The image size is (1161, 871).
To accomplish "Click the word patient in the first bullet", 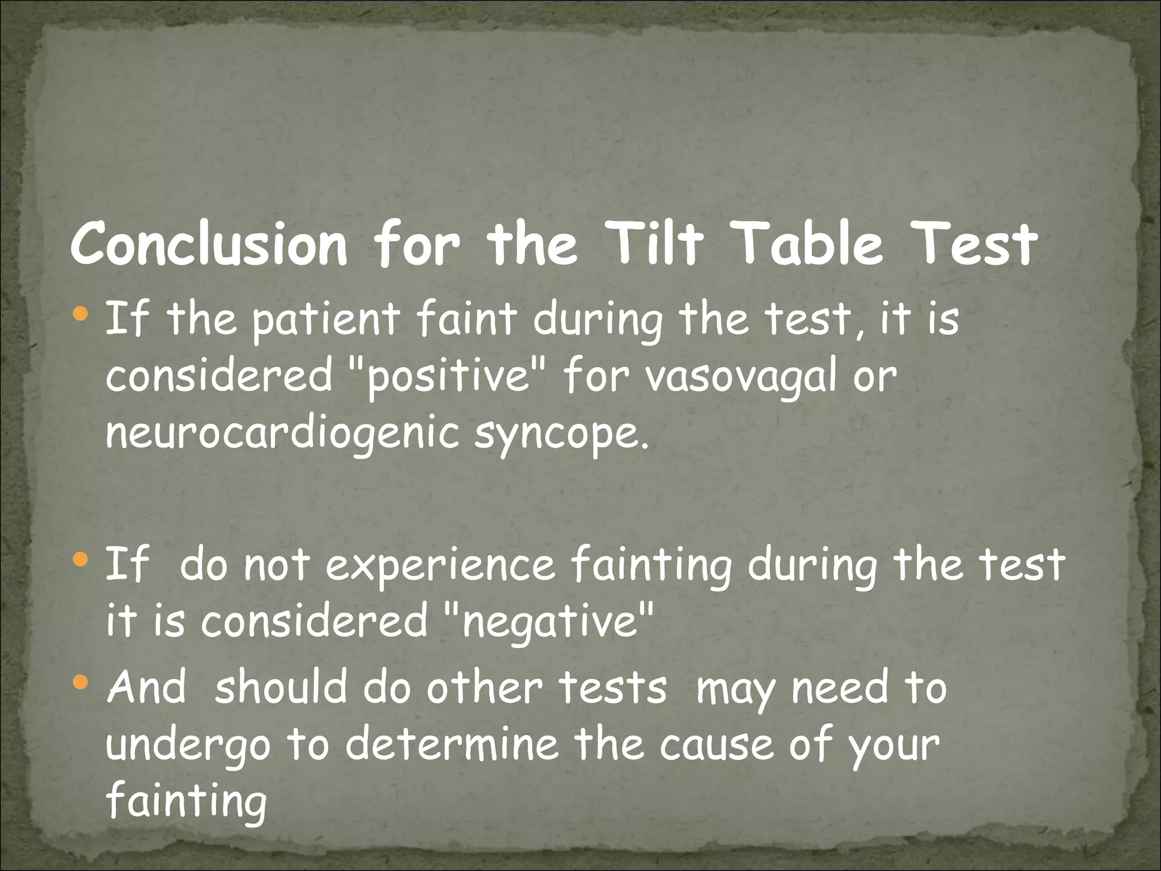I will pos(326,320).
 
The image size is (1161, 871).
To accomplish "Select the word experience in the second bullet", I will pos(440,566).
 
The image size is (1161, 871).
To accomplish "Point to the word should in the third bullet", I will pos(281,687).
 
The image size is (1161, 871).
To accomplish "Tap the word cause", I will pos(716,745).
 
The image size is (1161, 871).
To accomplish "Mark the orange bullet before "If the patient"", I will pos(81,313).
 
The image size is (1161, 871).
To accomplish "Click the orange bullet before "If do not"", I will pos(81,560).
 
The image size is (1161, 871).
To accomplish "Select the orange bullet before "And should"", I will pos(81,682).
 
